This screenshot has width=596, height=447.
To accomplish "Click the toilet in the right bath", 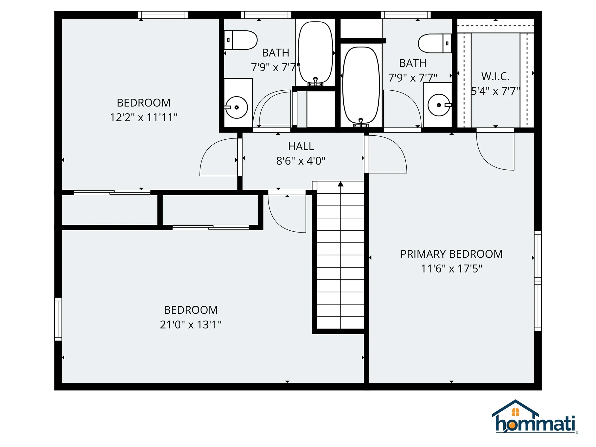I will pyautogui.click(x=434, y=43).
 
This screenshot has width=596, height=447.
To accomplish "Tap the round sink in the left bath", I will pyautogui.click(x=237, y=107).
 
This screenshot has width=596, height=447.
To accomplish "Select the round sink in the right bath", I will pyautogui.click(x=439, y=105).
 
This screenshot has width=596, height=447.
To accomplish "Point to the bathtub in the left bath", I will pyautogui.click(x=315, y=53).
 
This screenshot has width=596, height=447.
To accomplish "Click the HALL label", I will pyautogui.click(x=301, y=146).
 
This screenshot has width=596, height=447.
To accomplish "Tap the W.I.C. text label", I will pyautogui.click(x=495, y=76).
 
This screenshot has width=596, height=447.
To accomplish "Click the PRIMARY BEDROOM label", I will pyautogui.click(x=451, y=254).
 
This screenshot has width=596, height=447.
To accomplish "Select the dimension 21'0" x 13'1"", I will pyautogui.click(x=191, y=325).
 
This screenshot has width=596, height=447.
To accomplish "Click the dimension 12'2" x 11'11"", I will pyautogui.click(x=144, y=118).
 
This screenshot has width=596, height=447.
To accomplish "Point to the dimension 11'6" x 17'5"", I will pyautogui.click(x=451, y=269).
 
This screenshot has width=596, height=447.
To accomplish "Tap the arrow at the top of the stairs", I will pyautogui.click(x=341, y=184).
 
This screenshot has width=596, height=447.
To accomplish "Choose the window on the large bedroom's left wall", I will pyautogui.click(x=58, y=319).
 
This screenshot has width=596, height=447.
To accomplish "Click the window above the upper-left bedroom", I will pyautogui.click(x=163, y=15).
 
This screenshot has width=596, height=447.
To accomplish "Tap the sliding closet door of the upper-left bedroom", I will pyautogui.click(x=112, y=192).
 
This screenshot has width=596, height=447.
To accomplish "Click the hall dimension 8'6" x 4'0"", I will pyautogui.click(x=301, y=161).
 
